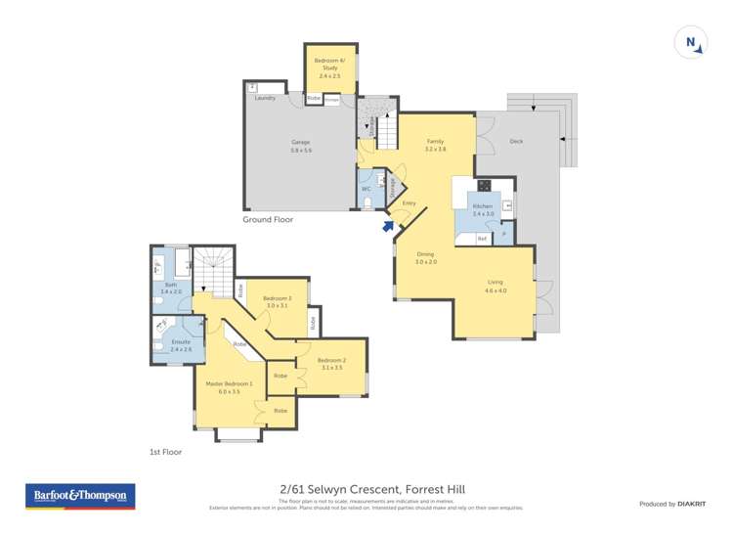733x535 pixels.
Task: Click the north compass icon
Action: (x=691, y=42)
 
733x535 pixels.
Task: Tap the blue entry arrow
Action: (x=388, y=226)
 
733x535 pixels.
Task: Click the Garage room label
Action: (x=300, y=143)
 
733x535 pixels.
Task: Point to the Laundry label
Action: (x=264, y=98)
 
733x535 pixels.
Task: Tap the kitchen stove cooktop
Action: (x=483, y=186)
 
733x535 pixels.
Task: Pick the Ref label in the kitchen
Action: (x=482, y=238)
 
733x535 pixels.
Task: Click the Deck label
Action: (x=516, y=141)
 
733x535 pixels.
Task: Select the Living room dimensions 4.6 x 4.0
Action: (x=496, y=290)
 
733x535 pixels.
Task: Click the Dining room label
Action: (x=425, y=253)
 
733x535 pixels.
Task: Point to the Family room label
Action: (x=435, y=141)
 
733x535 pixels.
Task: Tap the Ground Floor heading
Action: (x=268, y=220)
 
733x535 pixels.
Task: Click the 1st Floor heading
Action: (x=165, y=452)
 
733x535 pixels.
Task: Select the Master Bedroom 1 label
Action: (x=229, y=383)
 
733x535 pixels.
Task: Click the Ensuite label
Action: (x=180, y=341)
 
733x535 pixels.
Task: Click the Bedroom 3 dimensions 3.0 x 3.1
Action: (x=277, y=306)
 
